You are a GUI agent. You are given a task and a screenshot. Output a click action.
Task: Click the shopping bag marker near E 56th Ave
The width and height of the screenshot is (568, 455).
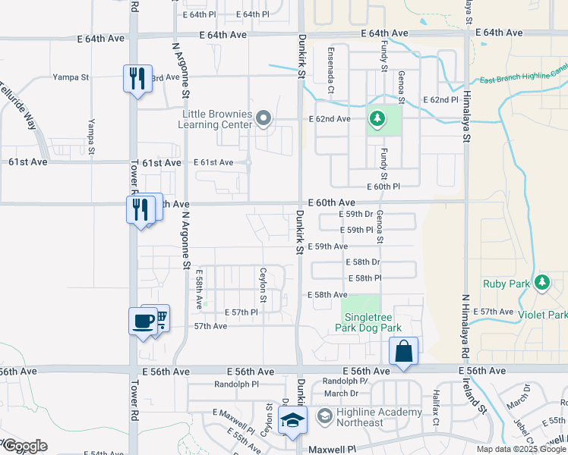404,351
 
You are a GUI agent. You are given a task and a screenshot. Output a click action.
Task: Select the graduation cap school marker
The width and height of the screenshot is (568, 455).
291,422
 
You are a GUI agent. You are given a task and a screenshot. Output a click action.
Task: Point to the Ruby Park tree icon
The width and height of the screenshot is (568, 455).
541,283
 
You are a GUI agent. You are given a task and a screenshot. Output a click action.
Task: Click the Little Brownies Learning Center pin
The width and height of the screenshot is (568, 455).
263,118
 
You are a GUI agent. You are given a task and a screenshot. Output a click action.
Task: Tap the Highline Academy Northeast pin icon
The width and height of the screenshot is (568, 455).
323,415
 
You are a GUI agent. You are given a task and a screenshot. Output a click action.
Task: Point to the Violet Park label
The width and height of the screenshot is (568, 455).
543,314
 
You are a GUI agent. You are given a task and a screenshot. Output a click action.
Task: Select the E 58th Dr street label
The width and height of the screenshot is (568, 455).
362,262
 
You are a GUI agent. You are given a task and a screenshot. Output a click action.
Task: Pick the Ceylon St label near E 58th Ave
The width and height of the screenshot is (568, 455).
263,282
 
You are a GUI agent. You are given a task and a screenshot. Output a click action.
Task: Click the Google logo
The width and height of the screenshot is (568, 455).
25,446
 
